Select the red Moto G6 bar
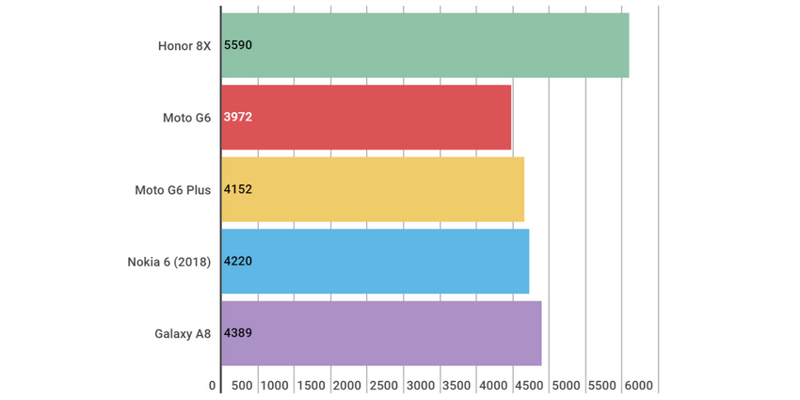point(366,117)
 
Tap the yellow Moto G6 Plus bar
point(373,189)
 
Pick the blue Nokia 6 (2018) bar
point(376,261)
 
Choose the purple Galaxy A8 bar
point(381,333)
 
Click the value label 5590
point(238,45)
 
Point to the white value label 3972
point(238,117)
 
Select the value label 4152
point(238,189)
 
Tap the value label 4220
point(238,261)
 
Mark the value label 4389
point(238,333)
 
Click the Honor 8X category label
point(184,45)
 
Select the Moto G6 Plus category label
point(172,189)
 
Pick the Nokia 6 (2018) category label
point(168,261)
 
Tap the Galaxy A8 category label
point(183,333)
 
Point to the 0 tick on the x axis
point(213,386)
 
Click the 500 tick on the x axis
point(241,386)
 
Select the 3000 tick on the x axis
point(421,386)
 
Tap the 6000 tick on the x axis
point(638,386)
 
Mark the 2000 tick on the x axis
point(347,386)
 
